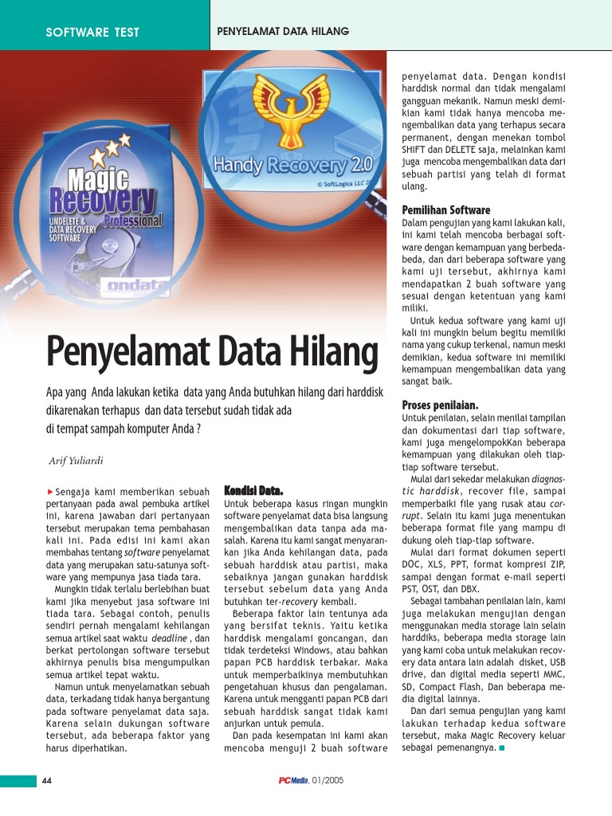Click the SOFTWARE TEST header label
[92, 32]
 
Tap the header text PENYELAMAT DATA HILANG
[283, 31]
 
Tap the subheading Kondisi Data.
[254, 489]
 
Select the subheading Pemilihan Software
[446, 210]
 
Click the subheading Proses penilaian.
[440, 405]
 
